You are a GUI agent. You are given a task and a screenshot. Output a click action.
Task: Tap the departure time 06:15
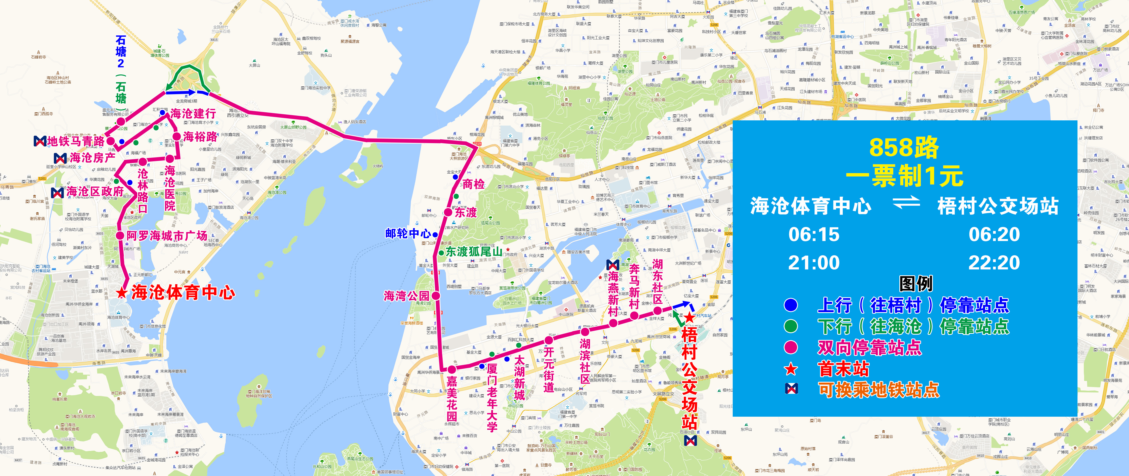[814, 234]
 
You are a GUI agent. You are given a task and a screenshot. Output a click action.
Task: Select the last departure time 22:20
[994, 263]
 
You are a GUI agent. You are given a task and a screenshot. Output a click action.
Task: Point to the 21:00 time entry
[814, 263]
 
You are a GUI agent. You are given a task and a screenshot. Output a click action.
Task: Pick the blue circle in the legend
[791, 305]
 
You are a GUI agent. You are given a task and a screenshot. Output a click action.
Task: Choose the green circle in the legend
[791, 326]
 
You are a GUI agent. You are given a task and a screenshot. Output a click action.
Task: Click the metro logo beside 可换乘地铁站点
[791, 389]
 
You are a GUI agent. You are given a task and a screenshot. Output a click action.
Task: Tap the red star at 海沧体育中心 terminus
[121, 293]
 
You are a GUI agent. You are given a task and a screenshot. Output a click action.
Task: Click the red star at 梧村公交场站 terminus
[690, 317]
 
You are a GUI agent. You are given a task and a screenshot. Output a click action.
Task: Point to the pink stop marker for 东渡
[448, 212]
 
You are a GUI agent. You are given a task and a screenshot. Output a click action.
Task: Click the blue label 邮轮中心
[408, 234]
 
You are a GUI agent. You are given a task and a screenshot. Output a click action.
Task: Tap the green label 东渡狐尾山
[474, 252]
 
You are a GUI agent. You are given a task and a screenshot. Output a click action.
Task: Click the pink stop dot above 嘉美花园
[452, 369]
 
